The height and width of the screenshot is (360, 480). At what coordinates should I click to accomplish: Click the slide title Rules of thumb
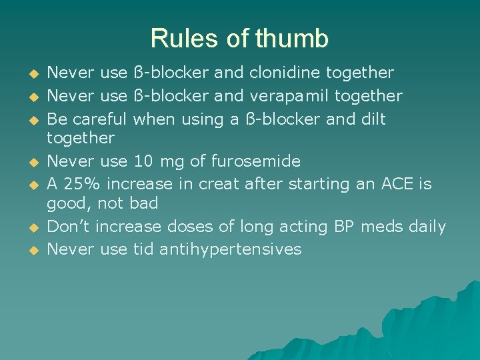click(239, 39)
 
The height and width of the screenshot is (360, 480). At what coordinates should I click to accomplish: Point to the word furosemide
click(256, 161)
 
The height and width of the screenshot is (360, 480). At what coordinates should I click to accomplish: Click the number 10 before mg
click(143, 161)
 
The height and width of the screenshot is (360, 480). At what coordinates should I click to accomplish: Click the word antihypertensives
click(231, 249)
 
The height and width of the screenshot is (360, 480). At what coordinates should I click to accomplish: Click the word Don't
click(71, 227)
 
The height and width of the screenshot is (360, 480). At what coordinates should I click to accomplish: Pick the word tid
click(143, 249)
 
